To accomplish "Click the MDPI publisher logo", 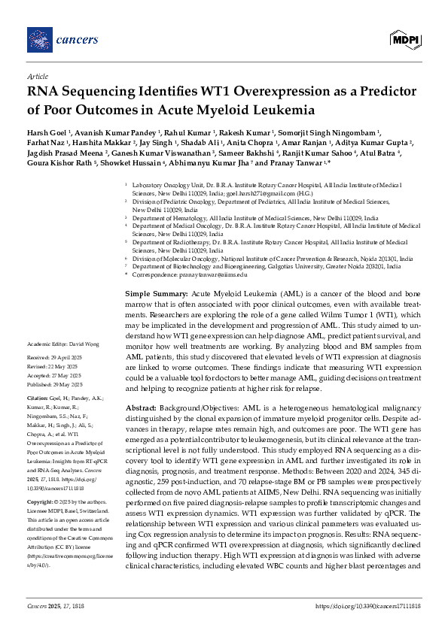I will click(404, 39).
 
